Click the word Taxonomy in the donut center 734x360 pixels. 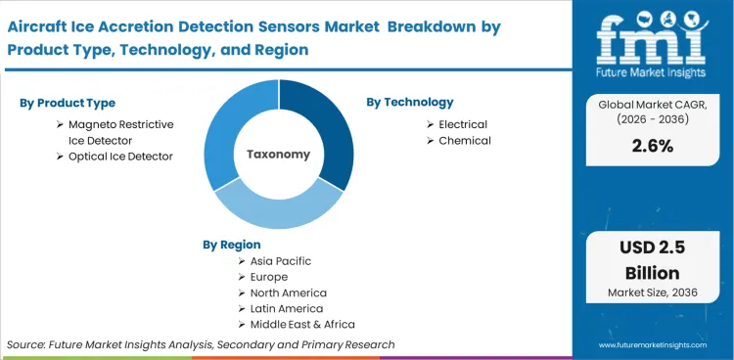pyautogui.click(x=278, y=154)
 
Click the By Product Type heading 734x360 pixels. pyautogui.click(x=68, y=103)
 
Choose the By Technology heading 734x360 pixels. pyautogui.click(x=410, y=102)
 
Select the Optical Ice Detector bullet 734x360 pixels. pyautogui.click(x=120, y=157)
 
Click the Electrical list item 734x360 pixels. pyautogui.click(x=463, y=124)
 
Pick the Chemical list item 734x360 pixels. pyautogui.click(x=465, y=141)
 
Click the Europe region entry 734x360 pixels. pyautogui.click(x=270, y=277)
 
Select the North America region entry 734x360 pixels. pyautogui.click(x=290, y=292)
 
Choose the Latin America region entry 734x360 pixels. pyautogui.click(x=287, y=308)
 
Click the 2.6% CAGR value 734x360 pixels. pyautogui.click(x=652, y=145)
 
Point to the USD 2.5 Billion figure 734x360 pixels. pyautogui.click(x=652, y=261)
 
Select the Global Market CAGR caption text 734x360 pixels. pyautogui.click(x=652, y=110)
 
